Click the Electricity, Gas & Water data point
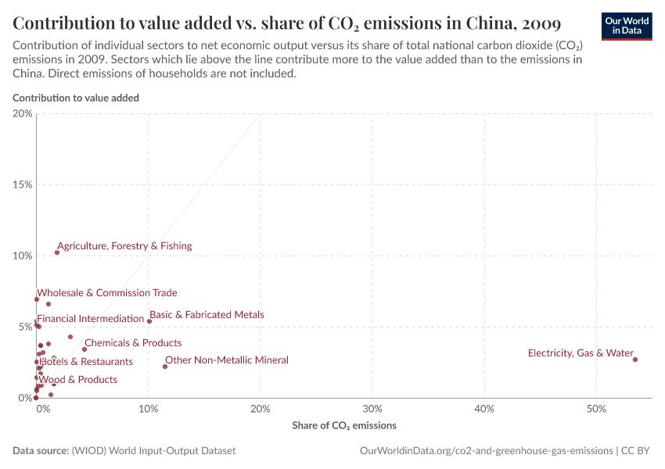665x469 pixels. tap(635, 360)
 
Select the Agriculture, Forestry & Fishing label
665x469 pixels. tap(124, 246)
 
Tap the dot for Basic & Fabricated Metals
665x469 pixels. tap(149, 321)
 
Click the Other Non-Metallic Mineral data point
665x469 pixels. tap(165, 367)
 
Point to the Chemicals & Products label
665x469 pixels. tap(133, 343)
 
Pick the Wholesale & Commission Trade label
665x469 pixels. tap(107, 293)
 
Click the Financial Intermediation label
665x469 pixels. tap(91, 319)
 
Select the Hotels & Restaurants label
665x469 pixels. tap(86, 362)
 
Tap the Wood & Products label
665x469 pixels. tap(78, 380)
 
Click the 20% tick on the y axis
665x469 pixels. tap(23, 114)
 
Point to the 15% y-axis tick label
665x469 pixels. tap(23, 185)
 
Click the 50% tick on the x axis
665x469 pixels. tap(596, 409)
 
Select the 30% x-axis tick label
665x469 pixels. tap(372, 409)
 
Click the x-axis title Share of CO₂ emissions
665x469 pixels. tap(344, 426)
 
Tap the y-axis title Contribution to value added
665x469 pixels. tap(76, 98)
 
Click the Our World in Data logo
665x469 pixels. tap(626, 26)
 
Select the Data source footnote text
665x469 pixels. tap(124, 451)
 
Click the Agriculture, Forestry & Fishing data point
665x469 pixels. tap(57, 252)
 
